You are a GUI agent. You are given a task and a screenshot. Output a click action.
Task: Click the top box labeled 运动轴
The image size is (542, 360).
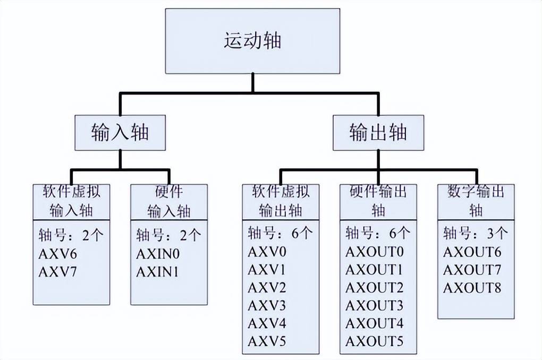pos(252,41)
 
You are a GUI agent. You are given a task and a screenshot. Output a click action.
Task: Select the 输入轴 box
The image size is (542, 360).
pos(120,132)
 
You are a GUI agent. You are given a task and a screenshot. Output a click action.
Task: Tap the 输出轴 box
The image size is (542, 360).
pos(378,132)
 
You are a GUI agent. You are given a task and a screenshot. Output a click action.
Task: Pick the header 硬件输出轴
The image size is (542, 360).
pos(378,200)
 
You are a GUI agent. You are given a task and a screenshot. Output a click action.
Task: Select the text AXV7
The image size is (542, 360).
pos(58,272)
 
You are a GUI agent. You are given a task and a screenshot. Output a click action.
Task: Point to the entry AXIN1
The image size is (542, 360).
pos(157,272)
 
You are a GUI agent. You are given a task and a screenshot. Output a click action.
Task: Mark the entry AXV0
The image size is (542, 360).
pos(267,252)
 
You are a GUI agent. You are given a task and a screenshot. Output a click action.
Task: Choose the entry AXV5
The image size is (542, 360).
pos(267,341)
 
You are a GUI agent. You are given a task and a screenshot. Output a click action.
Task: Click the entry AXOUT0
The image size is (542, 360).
pos(375,252)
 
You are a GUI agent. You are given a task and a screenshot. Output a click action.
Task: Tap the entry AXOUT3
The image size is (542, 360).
pos(375,305)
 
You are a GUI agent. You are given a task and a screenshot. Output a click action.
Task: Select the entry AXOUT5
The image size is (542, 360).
pos(375,341)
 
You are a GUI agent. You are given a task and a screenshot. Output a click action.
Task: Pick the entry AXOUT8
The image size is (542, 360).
pos(472,288)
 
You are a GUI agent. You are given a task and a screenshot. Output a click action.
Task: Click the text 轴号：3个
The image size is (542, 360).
pos(475,234)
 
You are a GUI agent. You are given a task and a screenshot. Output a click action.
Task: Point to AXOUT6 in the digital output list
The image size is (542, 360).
pos(472,252)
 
